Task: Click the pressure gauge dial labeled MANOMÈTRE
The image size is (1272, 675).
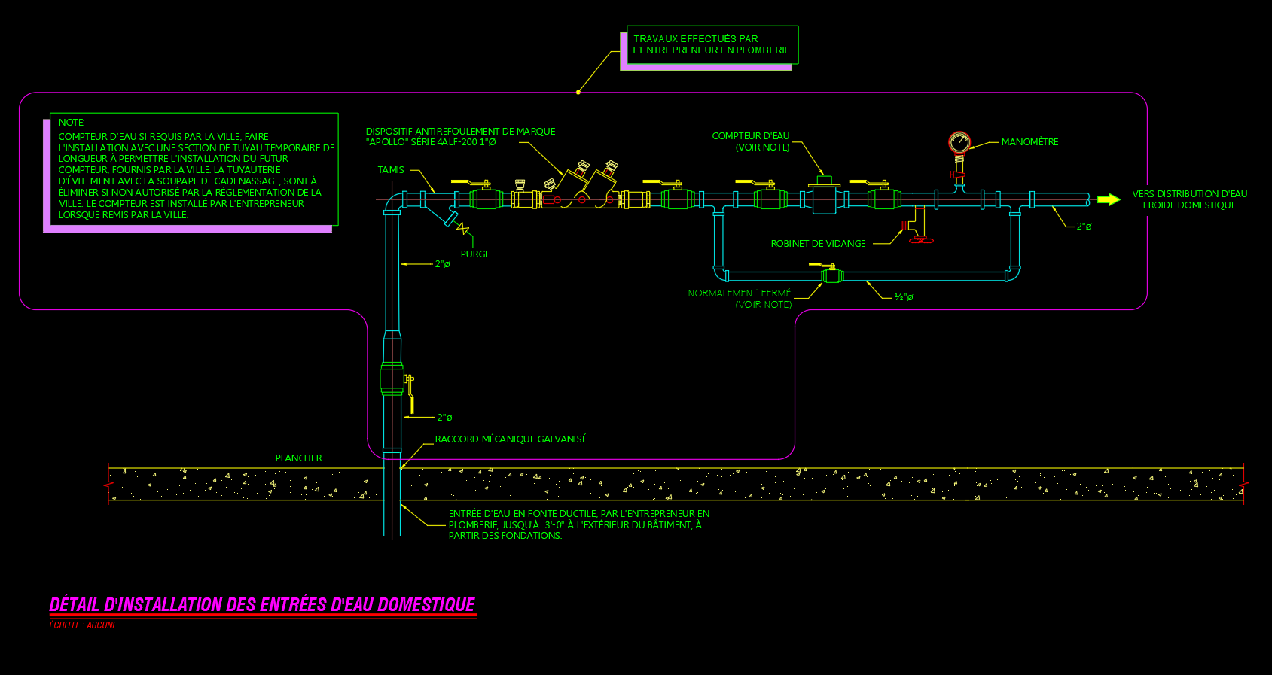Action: coord(959,142)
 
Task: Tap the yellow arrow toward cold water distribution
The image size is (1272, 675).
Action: coord(1109,199)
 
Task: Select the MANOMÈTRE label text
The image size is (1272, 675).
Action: coord(1029,142)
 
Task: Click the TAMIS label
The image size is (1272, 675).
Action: coord(391,170)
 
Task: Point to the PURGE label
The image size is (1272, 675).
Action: coord(475,254)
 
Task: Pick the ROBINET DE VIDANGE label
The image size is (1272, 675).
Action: coord(818,244)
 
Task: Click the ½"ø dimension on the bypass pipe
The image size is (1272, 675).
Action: coord(904,297)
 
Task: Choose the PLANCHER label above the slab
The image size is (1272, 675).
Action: coord(298,458)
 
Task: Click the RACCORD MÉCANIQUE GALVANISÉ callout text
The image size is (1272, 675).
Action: coord(511,439)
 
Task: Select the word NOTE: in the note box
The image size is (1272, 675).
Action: coord(72,123)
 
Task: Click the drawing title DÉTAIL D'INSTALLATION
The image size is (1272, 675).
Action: coord(262,605)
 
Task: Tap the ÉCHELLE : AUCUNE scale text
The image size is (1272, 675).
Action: coord(83,625)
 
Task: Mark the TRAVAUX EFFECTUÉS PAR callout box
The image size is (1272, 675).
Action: coord(712,45)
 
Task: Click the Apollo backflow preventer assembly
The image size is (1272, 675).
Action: coord(580,188)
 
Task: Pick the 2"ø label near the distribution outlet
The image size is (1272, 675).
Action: coord(1084,227)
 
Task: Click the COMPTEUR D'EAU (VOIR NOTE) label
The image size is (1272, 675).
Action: coord(751,141)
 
